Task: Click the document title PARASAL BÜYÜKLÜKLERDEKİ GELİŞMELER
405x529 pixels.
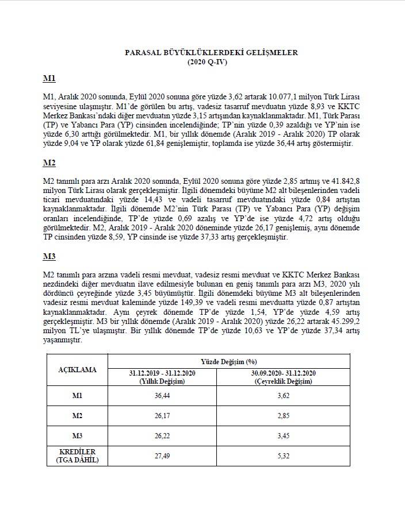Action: (211, 52)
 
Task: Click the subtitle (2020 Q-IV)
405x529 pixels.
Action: (211, 61)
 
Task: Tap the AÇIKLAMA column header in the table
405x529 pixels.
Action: (78, 370)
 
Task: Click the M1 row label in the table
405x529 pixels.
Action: (78, 397)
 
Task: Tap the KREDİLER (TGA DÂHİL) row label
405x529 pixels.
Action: (78, 455)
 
